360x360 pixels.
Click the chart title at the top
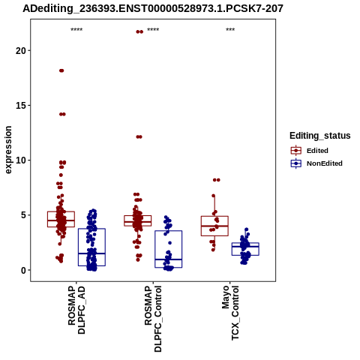(x=153, y=9)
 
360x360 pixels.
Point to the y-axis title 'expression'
(x=8, y=150)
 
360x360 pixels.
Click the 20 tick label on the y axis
(x=21, y=51)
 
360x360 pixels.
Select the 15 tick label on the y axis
(x=21, y=106)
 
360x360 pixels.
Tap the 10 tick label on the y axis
(x=21, y=160)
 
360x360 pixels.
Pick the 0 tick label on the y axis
(x=23, y=270)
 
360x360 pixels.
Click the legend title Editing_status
(x=320, y=136)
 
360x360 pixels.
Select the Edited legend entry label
(x=317, y=151)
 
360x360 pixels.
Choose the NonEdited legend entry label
(x=325, y=163)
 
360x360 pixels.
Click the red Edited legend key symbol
(x=296, y=151)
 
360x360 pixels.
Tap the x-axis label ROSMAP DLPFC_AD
(x=76, y=310)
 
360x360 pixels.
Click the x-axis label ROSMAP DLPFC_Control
(x=153, y=319)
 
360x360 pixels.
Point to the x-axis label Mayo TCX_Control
(x=230, y=313)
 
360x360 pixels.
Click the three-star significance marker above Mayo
(x=230, y=30)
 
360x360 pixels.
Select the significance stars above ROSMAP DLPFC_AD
(x=76, y=30)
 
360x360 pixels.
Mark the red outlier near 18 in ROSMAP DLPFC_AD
(x=61, y=70)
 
